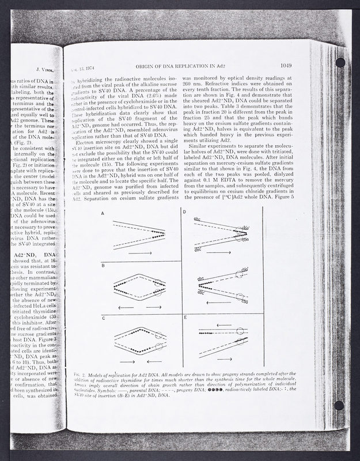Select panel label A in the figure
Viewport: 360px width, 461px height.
point(103,213)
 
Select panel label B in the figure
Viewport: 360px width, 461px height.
point(103,265)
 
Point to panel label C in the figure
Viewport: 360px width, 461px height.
point(103,318)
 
